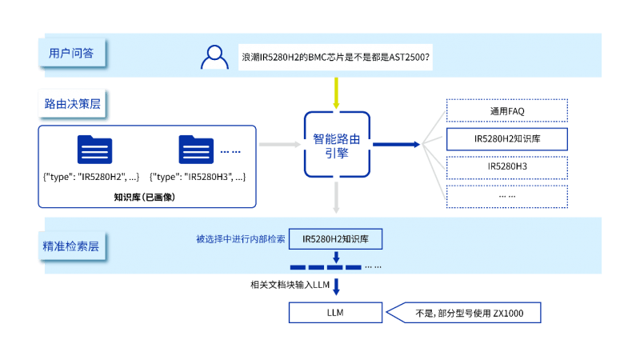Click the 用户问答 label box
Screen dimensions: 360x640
pos(71,54)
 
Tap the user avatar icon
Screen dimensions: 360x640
pos(214,58)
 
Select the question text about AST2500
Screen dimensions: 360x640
pos(335,58)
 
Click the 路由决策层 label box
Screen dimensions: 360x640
pos(72,104)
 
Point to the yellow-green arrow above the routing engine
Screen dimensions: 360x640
pos(336,94)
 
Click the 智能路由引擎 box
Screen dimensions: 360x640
pos(336,145)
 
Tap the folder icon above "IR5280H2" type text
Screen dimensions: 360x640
pos(94,150)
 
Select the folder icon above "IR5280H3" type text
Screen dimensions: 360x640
pos(196,150)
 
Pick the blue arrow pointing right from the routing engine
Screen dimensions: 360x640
pos(397,145)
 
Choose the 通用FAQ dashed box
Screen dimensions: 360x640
pos(506,110)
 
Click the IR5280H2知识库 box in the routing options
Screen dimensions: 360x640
pos(506,138)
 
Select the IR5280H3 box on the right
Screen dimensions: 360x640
pos(506,167)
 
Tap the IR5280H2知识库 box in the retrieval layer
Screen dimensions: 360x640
pos(336,239)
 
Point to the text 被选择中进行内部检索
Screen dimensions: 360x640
pos(240,239)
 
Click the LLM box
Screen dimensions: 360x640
pos(336,313)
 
